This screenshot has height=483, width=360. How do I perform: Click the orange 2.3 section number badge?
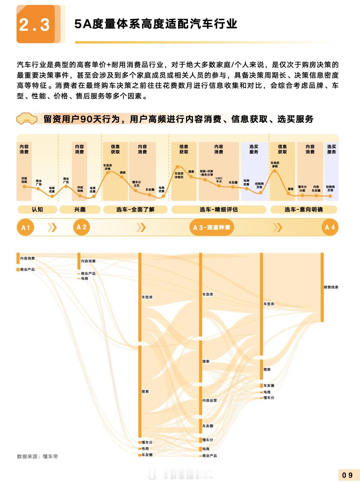35,24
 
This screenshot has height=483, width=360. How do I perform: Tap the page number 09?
347,475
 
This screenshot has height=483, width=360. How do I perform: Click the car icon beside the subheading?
27,119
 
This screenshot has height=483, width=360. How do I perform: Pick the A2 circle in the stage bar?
81,227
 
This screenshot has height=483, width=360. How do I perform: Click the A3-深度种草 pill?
212,228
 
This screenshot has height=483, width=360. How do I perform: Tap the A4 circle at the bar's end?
330,227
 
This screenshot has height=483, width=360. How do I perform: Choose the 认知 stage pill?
37,210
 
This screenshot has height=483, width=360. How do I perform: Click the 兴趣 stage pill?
80,210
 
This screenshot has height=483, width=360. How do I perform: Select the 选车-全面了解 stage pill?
135,210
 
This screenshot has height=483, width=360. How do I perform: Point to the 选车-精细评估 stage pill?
218,210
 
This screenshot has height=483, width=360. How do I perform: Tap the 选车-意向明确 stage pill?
304,210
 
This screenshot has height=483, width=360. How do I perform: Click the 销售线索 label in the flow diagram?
331,287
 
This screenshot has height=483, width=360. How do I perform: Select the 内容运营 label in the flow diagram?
209,400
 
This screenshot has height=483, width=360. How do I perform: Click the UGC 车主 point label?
219,180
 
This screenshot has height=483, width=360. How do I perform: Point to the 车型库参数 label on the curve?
275,165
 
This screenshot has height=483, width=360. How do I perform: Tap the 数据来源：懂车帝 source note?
38,456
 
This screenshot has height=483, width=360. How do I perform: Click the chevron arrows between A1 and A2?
52,228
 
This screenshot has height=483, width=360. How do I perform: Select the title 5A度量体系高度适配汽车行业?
156,24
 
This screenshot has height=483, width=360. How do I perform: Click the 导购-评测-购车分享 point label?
206,173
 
